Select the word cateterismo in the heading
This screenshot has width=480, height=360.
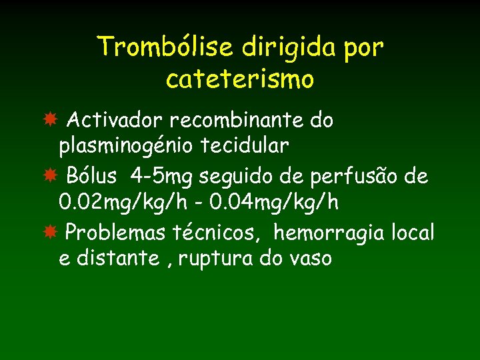240,79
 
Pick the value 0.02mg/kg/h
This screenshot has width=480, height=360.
117,201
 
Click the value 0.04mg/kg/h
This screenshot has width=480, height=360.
281,201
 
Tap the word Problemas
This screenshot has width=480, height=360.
117,233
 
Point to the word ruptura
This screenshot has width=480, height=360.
219,258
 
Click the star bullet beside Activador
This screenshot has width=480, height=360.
49,121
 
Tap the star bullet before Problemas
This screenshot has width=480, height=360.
49,233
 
